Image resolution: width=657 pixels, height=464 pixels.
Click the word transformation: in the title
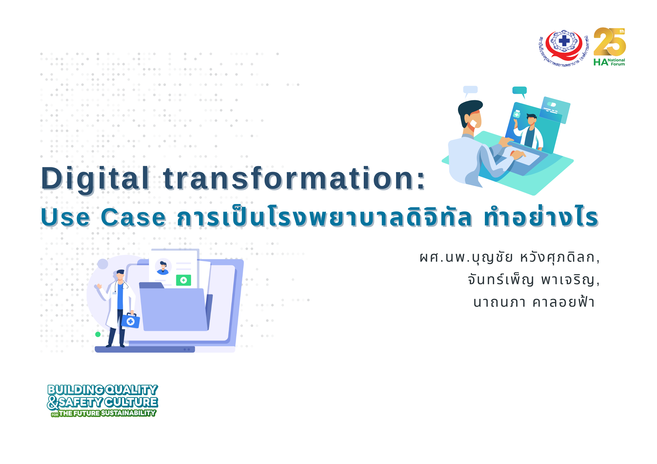294,178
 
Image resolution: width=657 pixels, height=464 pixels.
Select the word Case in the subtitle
133,217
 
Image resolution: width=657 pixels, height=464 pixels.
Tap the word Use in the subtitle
65,217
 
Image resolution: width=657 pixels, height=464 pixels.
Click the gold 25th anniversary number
610,42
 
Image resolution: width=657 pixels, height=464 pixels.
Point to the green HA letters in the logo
601,62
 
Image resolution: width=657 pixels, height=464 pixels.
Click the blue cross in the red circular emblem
564,41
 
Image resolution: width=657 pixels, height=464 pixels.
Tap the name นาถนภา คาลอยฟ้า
534,302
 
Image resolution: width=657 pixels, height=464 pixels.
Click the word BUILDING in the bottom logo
76,390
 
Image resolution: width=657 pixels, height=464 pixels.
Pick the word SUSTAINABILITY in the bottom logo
128,413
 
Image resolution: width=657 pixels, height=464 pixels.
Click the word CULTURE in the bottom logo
131,402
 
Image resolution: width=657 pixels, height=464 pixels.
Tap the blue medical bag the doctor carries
131,321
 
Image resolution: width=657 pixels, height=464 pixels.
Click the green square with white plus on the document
183,280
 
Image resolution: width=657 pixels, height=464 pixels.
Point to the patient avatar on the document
163,267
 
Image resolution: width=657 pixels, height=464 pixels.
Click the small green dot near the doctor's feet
98,334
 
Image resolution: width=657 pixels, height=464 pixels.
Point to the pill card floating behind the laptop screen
555,110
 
